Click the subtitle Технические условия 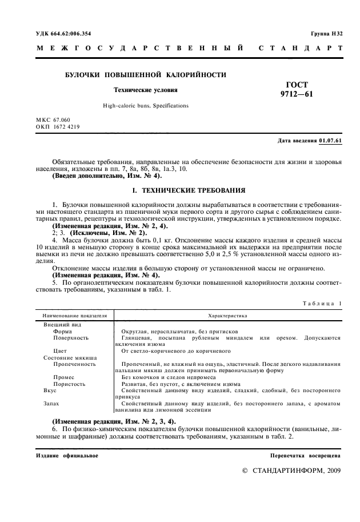[x=145, y=90]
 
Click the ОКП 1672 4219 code [x=58, y=126]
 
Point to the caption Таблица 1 [x=322, y=304]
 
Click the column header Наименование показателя [x=74, y=315]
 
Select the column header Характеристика [x=227, y=315]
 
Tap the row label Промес [x=63, y=377]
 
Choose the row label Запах [x=51, y=403]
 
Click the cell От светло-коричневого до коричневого [x=170, y=350]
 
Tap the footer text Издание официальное [x=67, y=456]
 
